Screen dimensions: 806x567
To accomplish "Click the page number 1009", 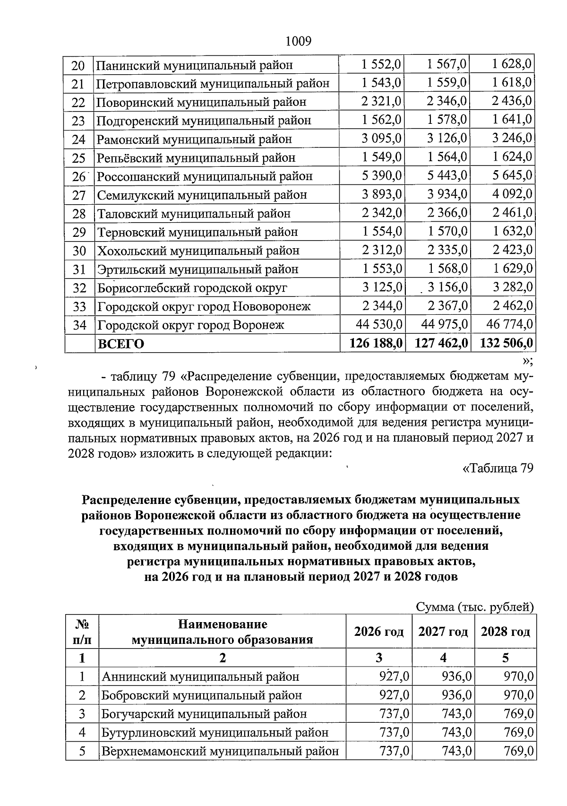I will [299, 41].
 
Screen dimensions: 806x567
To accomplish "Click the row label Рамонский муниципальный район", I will [194, 139].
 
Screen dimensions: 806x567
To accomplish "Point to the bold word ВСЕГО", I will [120, 344].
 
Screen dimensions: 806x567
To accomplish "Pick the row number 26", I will [78, 177].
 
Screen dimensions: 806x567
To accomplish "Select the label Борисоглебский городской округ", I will [192, 288].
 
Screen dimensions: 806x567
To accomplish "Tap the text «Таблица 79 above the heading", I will [498, 468].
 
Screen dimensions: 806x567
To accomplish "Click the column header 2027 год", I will [443, 632].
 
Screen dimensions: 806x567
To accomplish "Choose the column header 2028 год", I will [505, 632].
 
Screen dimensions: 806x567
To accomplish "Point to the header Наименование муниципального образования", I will [222, 632].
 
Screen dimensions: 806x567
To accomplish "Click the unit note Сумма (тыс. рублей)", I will [475, 607].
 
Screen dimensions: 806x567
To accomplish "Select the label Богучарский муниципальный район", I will [204, 714].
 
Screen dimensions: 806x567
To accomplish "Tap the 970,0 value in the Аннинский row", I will [519, 676].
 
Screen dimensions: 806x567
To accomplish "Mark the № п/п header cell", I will [82, 632].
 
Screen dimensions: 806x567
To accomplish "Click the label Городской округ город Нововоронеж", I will [204, 307].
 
